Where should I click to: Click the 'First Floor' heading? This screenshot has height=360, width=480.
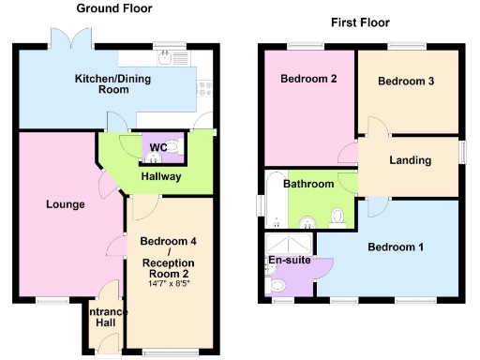point(361,22)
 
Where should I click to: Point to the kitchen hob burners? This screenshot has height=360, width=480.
point(202,90)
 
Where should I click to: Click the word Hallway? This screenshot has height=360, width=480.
point(161,176)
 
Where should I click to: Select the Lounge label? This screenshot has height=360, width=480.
point(65,204)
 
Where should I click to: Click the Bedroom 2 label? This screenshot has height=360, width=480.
point(308,79)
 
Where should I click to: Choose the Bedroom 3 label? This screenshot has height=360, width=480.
point(406,82)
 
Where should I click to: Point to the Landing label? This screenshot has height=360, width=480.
point(410,160)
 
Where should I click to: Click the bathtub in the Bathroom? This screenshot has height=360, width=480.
point(274,199)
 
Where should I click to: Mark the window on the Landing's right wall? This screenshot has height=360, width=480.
point(460,150)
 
